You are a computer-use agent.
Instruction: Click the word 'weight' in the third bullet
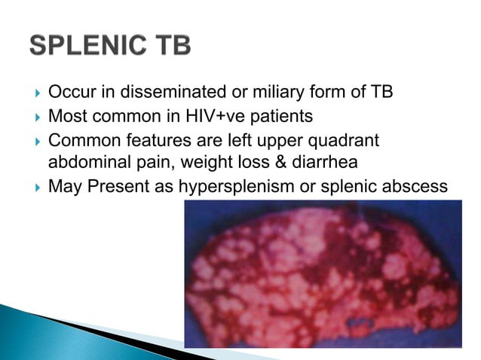[216, 163]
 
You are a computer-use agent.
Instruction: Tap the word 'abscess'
[415, 186]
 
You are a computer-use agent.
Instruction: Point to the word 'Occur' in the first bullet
[67, 93]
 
